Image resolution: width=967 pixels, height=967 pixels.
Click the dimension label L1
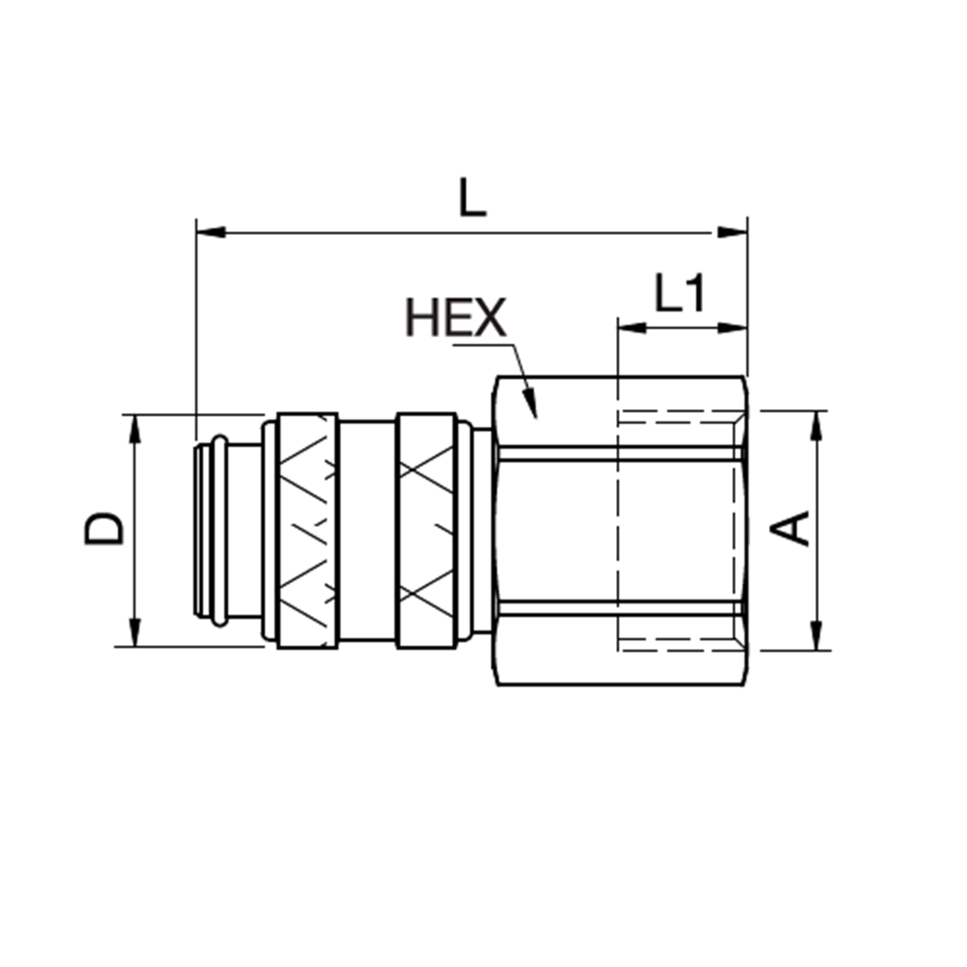pos(680,295)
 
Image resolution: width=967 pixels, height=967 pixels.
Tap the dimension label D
pos(105,529)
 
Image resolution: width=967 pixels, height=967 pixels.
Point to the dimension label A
pos(795,529)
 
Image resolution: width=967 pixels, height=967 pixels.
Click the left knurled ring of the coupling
pos(308,530)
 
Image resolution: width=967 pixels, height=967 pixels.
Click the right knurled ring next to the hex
pos(425,530)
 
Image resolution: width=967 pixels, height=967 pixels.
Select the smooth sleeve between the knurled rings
pos(366,530)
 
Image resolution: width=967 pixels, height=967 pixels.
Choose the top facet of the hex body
pos(619,411)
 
